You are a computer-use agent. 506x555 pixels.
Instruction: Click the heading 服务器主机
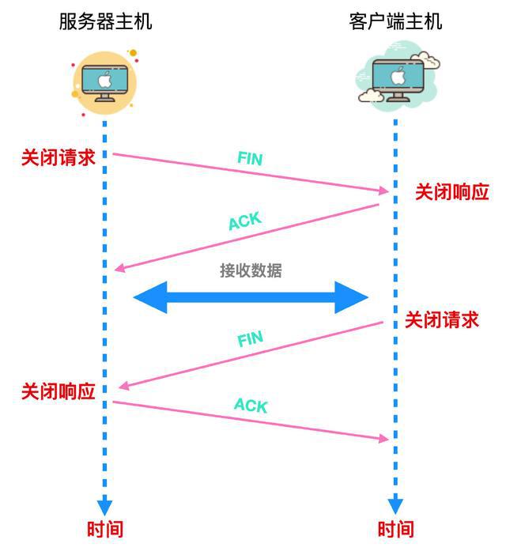point(105,21)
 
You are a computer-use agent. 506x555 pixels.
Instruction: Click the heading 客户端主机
point(395,21)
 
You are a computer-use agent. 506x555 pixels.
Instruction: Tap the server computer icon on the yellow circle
point(104,83)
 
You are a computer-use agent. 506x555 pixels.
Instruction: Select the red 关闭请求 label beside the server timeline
point(59,157)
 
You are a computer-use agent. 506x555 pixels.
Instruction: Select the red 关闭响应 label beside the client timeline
point(452,192)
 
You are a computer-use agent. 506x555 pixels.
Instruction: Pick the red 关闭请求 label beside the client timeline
point(442,320)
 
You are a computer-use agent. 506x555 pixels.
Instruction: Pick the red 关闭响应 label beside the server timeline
point(59,391)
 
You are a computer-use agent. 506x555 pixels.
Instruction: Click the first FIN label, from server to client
point(250,158)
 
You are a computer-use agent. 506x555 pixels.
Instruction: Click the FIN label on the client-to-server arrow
point(250,338)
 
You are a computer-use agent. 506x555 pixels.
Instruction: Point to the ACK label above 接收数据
point(245,221)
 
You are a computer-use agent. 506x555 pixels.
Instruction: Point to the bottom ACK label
point(251,406)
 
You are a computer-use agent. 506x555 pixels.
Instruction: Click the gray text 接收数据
point(251,270)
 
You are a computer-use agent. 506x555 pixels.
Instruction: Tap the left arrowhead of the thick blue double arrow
point(150,297)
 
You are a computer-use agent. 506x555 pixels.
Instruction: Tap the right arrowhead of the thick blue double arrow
point(351,297)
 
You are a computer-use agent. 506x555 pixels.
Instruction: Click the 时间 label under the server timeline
point(105,530)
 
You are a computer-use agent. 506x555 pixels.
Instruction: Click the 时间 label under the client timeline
point(395,530)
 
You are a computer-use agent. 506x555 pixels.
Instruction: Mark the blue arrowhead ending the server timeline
point(104,507)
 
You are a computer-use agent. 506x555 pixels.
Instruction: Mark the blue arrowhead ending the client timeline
point(395,506)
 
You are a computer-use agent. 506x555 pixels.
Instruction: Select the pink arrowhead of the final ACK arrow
point(383,439)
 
